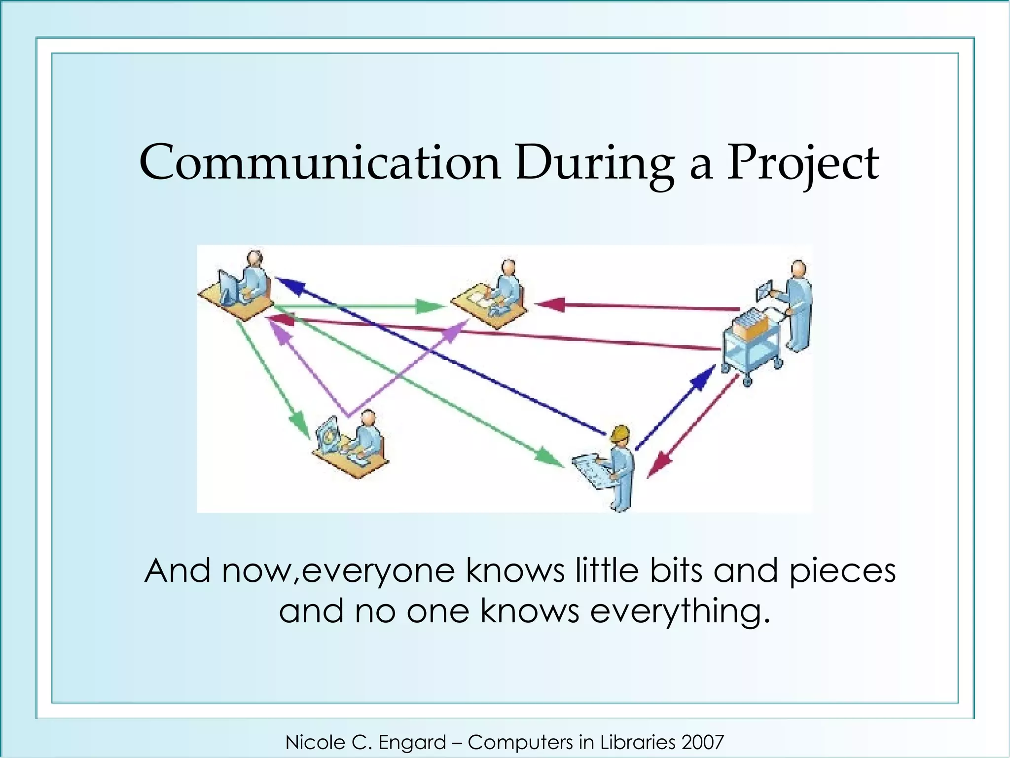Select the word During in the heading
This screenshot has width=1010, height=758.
pyautogui.click(x=595, y=163)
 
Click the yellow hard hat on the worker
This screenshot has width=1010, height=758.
pyautogui.click(x=620, y=433)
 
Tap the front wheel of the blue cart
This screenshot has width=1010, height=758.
pyautogui.click(x=747, y=380)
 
